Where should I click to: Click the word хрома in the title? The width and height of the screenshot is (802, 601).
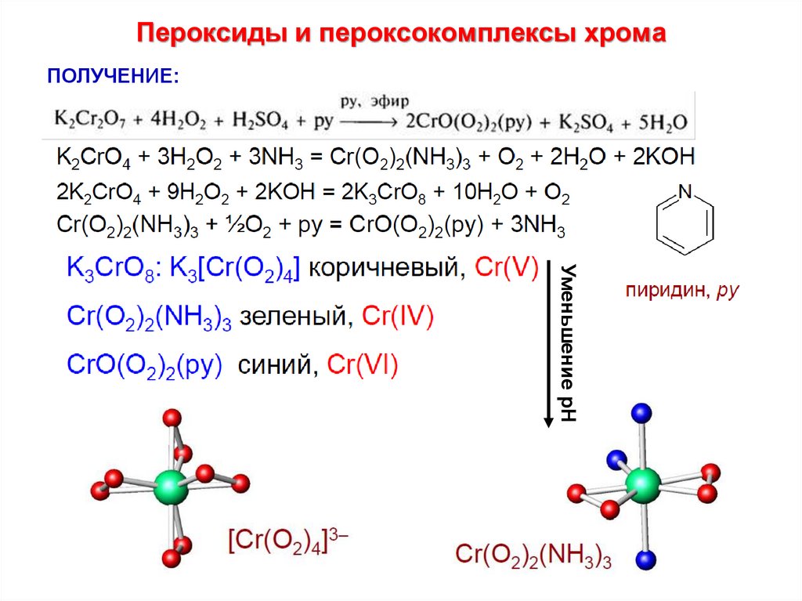tap(627, 34)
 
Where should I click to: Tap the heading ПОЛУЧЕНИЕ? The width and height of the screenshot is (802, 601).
tap(114, 77)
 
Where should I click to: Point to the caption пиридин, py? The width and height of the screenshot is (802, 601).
tap(681, 291)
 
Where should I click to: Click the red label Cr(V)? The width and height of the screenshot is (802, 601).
tap(506, 270)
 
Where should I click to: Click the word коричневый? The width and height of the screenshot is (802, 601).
tap(383, 270)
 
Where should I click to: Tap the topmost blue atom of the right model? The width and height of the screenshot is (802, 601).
tap(642, 411)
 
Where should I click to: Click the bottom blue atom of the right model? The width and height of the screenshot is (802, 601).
tap(645, 559)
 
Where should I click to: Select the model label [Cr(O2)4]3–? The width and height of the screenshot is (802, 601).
tap(289, 540)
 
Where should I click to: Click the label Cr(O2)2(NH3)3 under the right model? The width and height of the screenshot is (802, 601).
tap(533, 556)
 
